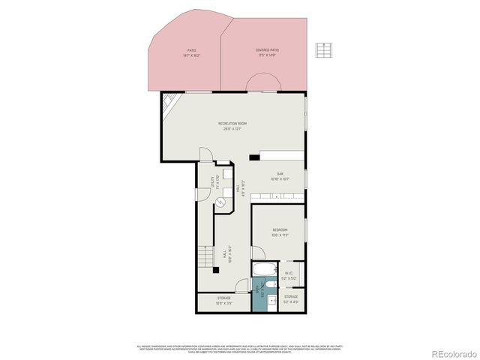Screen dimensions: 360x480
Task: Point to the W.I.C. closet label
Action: [289, 274]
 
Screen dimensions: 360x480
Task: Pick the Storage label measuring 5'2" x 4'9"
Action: [290, 298]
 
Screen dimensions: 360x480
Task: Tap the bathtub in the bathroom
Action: [265, 269]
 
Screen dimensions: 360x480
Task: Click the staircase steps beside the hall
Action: [204, 259]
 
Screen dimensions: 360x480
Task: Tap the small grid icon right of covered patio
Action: [323, 49]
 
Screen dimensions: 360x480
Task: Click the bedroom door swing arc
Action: [256, 253]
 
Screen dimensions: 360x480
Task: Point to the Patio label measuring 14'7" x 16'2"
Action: [191, 52]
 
